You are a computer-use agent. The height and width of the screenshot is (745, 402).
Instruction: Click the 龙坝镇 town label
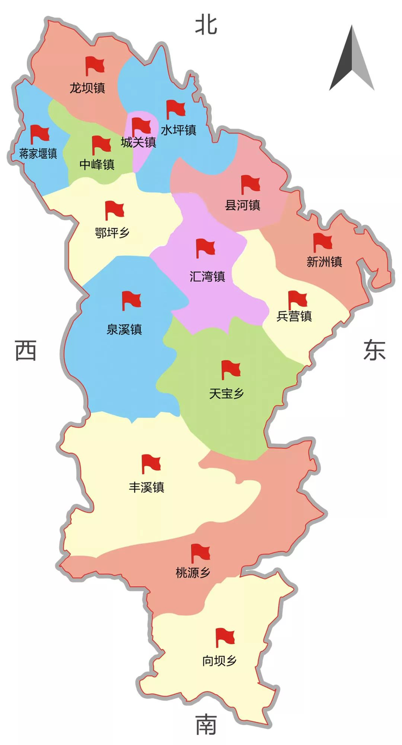click(x=87, y=88)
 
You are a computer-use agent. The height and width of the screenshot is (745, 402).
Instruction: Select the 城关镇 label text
click(x=138, y=143)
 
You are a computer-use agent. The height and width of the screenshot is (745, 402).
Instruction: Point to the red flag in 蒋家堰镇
click(x=39, y=134)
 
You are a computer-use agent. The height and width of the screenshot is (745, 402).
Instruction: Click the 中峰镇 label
click(x=97, y=165)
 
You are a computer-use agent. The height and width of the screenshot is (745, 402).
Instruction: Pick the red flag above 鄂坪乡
click(x=114, y=210)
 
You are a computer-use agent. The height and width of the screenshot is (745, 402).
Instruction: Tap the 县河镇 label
click(x=242, y=205)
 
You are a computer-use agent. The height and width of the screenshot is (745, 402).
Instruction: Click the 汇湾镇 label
click(x=207, y=277)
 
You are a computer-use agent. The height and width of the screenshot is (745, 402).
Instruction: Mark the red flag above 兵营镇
click(x=297, y=300)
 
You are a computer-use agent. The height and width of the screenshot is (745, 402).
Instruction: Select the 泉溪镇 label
click(x=124, y=329)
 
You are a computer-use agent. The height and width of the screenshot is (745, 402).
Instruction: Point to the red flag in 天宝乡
click(x=230, y=369)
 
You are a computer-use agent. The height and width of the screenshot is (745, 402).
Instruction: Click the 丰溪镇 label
click(x=146, y=488)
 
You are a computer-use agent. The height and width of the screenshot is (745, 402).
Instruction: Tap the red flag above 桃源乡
click(x=200, y=553)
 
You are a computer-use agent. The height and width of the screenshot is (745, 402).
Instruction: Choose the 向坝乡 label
click(x=219, y=661)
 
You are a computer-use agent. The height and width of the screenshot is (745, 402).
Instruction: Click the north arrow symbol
click(x=352, y=59)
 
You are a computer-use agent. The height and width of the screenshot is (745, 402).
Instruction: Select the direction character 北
click(x=206, y=25)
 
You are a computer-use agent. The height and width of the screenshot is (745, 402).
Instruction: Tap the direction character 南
click(x=206, y=726)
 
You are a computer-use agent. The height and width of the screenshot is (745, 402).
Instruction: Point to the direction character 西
click(x=26, y=351)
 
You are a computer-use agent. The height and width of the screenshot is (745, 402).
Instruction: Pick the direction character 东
click(x=374, y=351)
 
